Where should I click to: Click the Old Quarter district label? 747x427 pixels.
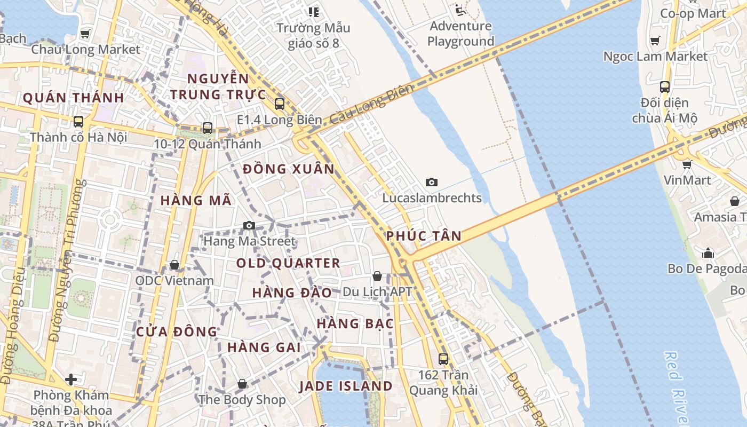(x=288, y=263)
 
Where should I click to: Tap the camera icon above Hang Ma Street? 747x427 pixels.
(x=249, y=226)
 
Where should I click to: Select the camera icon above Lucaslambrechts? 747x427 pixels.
(x=432, y=183)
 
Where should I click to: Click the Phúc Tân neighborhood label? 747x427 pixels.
(x=424, y=236)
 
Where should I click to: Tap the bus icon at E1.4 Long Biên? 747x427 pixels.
(x=279, y=104)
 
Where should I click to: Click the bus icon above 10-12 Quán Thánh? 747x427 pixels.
(x=208, y=128)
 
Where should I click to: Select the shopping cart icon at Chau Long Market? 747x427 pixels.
(x=85, y=34)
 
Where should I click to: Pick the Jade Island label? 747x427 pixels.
(x=345, y=386)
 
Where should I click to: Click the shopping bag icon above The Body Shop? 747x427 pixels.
(x=242, y=384)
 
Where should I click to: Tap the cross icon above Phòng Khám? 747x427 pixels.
(x=71, y=379)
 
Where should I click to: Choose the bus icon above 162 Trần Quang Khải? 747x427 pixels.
(x=443, y=359)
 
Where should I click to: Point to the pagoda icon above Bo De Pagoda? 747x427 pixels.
(x=708, y=252)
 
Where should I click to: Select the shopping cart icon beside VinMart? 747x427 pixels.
(x=687, y=164)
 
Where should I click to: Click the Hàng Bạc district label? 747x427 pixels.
(x=355, y=323)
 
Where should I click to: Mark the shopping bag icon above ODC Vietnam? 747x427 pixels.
(x=174, y=265)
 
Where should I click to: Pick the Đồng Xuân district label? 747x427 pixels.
(x=288, y=169)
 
